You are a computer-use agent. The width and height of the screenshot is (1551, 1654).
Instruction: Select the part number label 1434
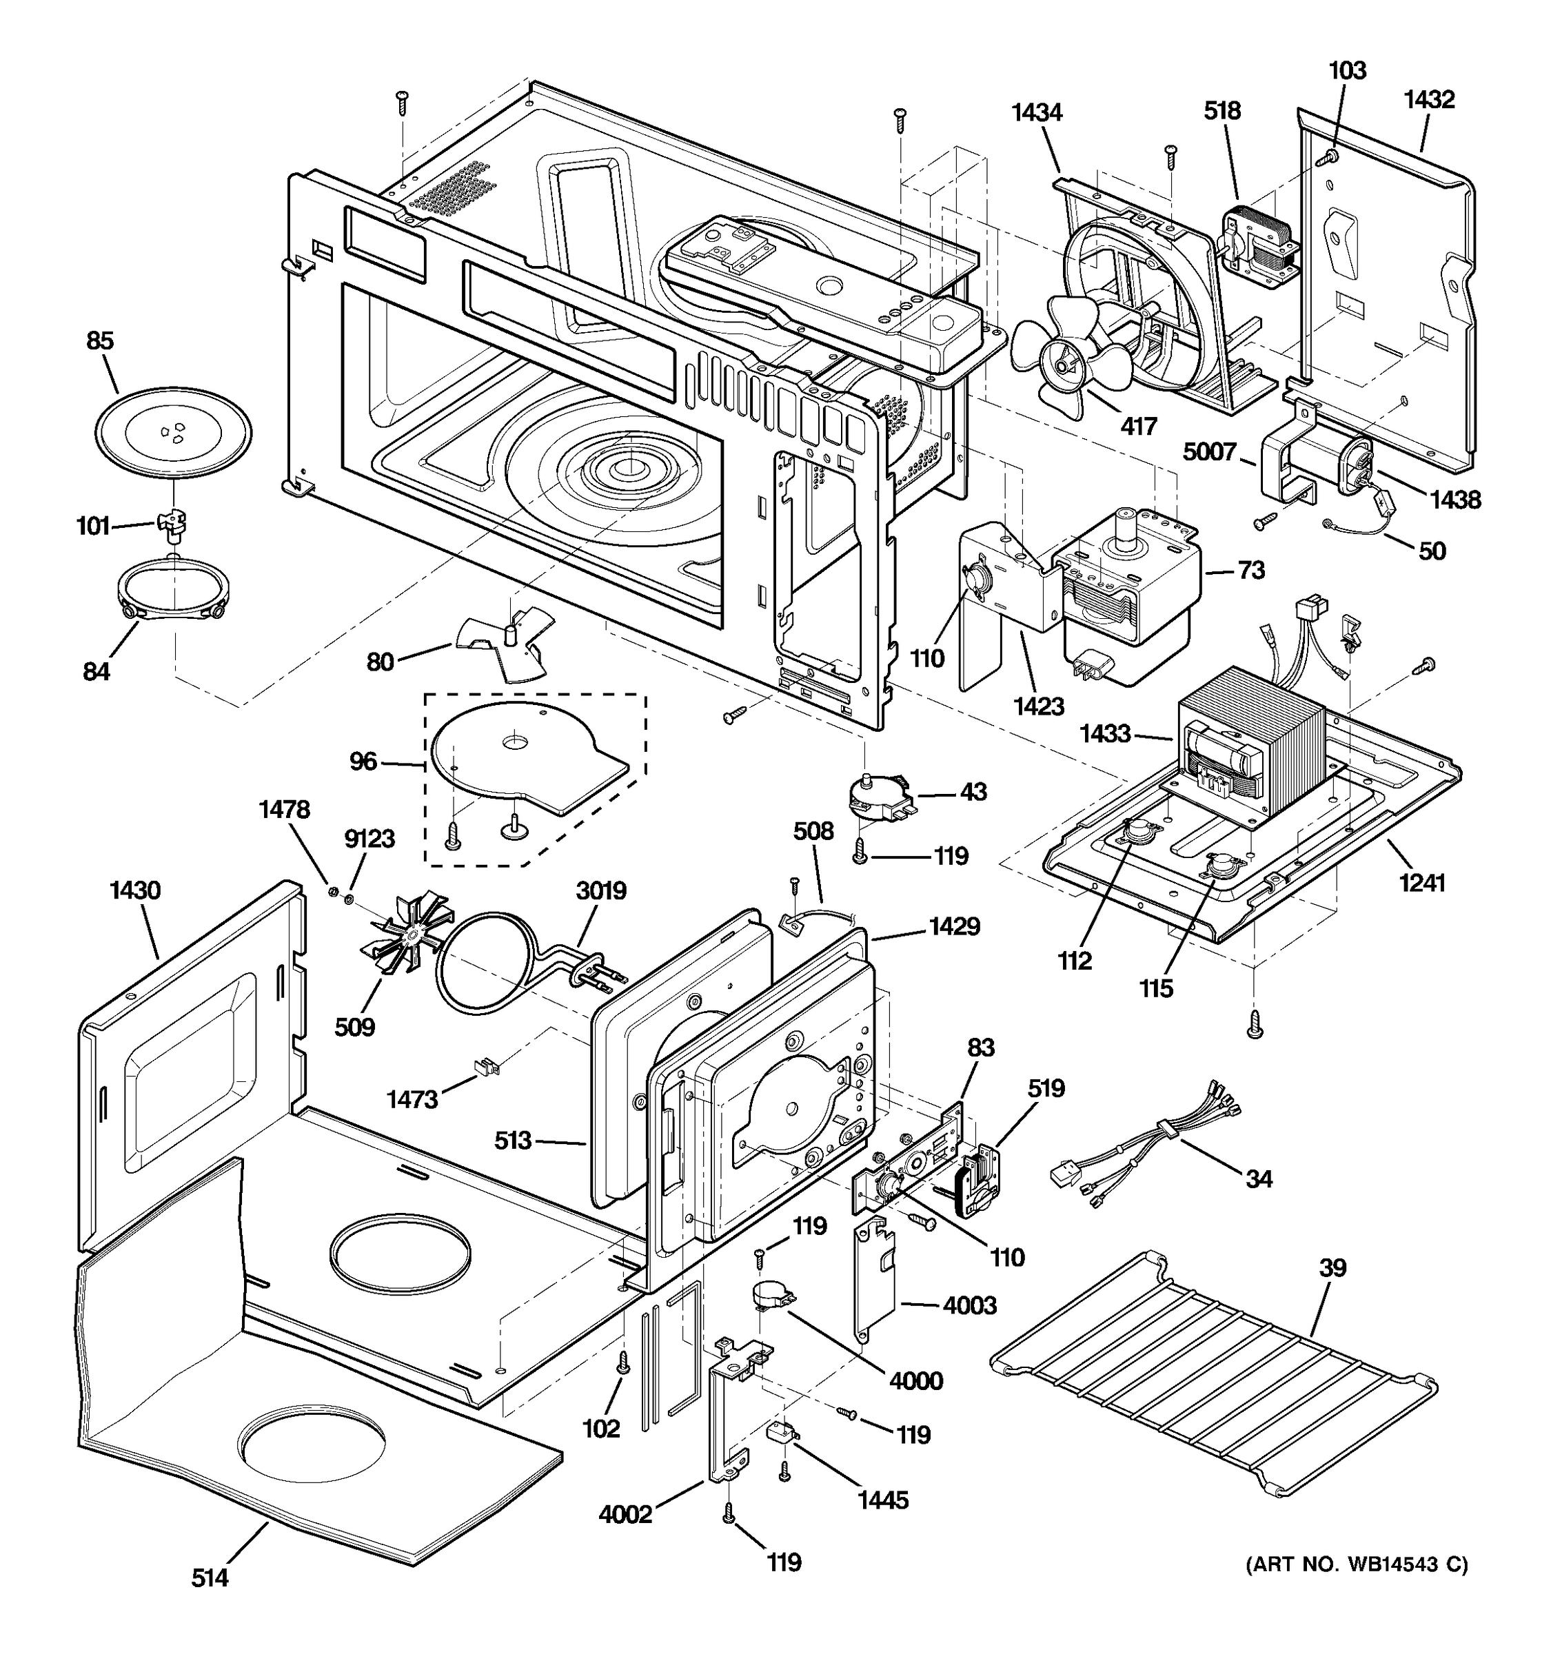pyautogui.click(x=1037, y=113)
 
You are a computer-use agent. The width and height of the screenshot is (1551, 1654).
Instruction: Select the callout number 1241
pyautogui.click(x=1422, y=883)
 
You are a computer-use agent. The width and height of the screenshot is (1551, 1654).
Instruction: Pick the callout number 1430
pyautogui.click(x=135, y=891)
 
